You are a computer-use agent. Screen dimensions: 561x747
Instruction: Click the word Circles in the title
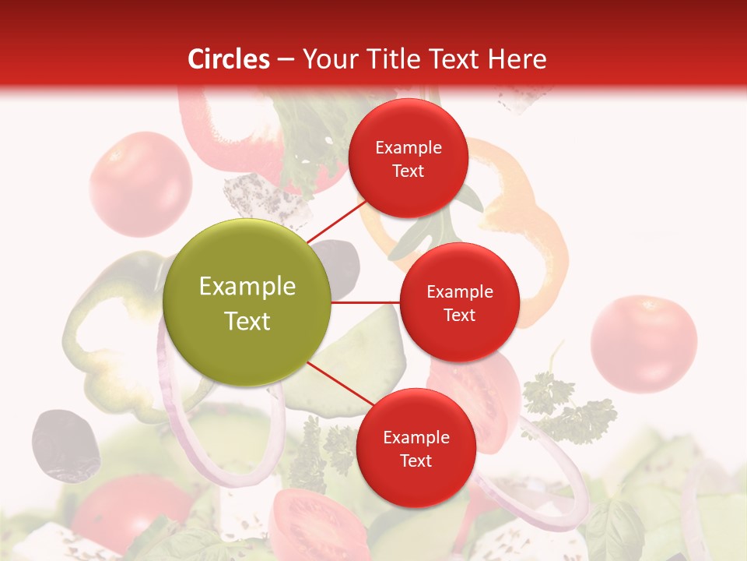(229, 59)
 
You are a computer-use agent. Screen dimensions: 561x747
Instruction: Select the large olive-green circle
(247, 302)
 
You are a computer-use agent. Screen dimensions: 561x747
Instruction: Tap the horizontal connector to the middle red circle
(365, 302)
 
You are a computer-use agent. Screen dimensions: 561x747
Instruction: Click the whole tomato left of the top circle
(140, 184)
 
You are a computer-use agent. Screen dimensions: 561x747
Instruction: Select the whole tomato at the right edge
(644, 343)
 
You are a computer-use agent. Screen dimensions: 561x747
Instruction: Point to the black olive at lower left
(65, 444)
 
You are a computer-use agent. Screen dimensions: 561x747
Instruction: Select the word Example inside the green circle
(247, 287)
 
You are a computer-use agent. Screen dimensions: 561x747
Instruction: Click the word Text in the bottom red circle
(416, 461)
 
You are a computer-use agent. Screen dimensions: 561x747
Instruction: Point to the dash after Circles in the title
(286, 60)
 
